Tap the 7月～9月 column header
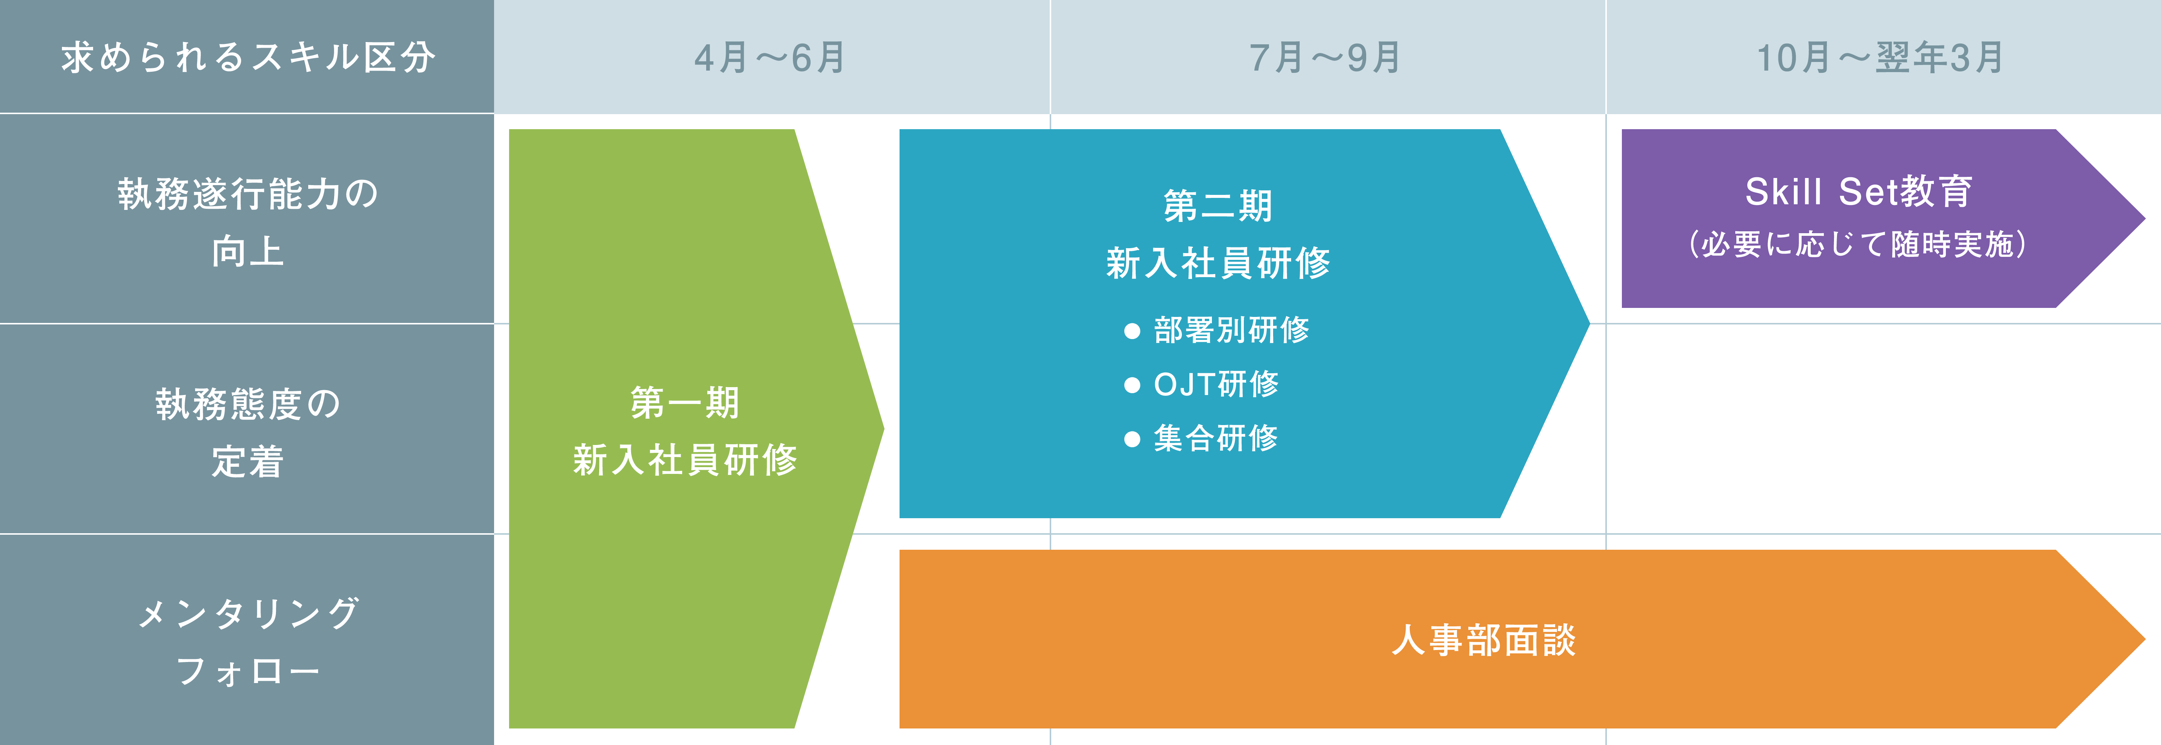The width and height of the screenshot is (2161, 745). click(1325, 57)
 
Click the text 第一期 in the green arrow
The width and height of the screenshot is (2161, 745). click(684, 403)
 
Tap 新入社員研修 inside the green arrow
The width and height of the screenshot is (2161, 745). click(684, 460)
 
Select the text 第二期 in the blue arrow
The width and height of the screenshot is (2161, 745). click(1218, 205)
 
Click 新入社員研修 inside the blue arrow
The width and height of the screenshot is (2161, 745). click(1218, 262)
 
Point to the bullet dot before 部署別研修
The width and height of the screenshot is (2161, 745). click(1133, 332)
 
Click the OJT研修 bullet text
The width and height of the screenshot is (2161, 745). click(1216, 384)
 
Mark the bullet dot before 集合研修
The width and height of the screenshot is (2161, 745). click(1133, 439)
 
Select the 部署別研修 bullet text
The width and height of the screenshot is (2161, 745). click(1231, 330)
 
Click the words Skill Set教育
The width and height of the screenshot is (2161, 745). click(1859, 191)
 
